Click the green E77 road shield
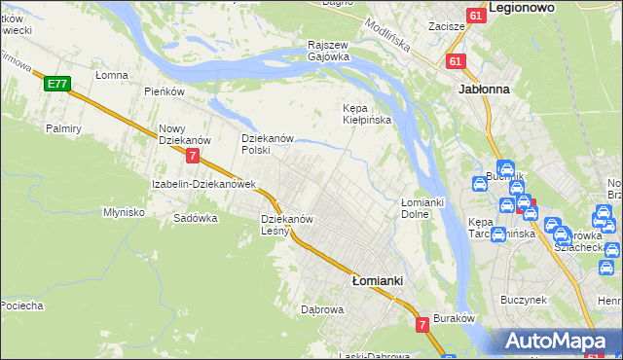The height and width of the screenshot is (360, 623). point(56,85)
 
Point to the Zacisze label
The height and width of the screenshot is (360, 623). point(445,26)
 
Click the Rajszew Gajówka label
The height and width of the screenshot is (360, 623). point(328,51)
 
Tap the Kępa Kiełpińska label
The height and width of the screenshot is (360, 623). point(367,114)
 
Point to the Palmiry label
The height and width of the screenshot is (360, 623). point(63,127)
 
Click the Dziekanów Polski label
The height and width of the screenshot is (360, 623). point(268,144)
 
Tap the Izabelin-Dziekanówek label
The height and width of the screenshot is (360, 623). point(202,184)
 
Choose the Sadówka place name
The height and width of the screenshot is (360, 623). point(195,218)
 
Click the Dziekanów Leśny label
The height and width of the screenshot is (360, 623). point(287,225)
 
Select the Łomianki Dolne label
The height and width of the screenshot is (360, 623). point(422,207)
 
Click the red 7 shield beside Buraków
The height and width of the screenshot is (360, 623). point(422,324)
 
